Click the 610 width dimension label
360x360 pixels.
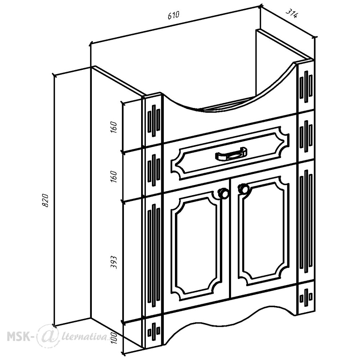(173, 15)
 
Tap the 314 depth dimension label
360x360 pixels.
(292, 14)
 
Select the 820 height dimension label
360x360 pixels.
(45, 201)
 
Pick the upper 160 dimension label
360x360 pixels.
(114, 127)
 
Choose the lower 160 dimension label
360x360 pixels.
(114, 176)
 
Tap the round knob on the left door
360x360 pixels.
(223, 193)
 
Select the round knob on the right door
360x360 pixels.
(243, 189)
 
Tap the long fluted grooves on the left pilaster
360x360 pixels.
(154, 255)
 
